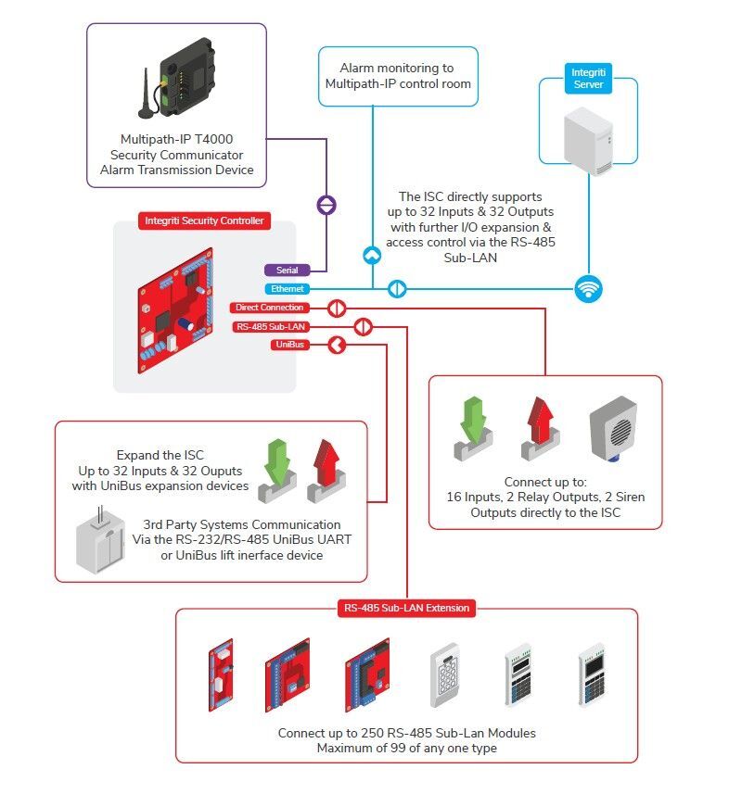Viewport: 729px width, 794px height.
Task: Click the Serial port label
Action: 287,271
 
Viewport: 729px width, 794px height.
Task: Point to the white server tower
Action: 589,139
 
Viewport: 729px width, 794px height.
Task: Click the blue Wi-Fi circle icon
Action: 588,288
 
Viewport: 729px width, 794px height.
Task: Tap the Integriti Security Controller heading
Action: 204,221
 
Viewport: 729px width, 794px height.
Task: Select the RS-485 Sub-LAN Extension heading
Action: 406,608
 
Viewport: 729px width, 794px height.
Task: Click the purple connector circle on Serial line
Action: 326,205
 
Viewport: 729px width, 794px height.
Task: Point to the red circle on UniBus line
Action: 337,345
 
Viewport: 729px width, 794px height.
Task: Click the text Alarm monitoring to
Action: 397,68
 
